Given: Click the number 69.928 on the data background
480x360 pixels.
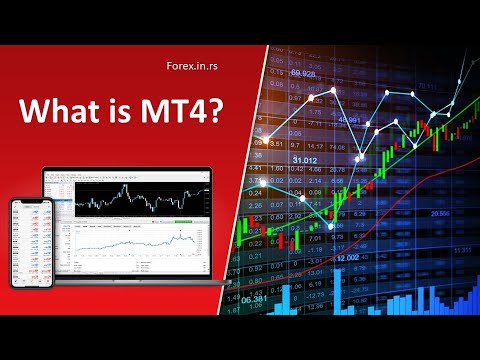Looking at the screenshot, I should coord(304,74).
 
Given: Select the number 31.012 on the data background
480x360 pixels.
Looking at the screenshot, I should coord(304,159).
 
